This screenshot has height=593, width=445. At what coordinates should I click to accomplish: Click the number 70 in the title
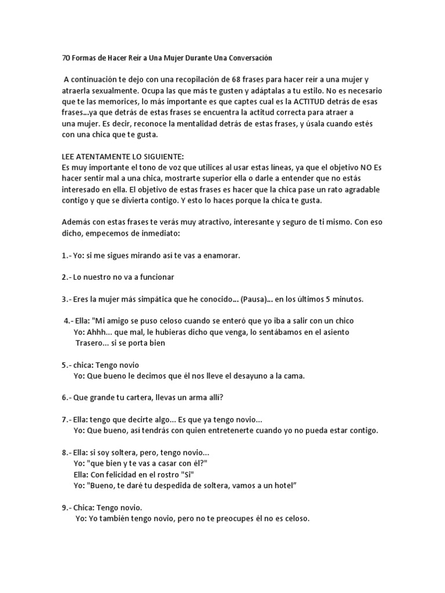65,58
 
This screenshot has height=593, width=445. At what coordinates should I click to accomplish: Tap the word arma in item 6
204,398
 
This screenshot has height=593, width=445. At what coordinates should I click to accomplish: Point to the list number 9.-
67,507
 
